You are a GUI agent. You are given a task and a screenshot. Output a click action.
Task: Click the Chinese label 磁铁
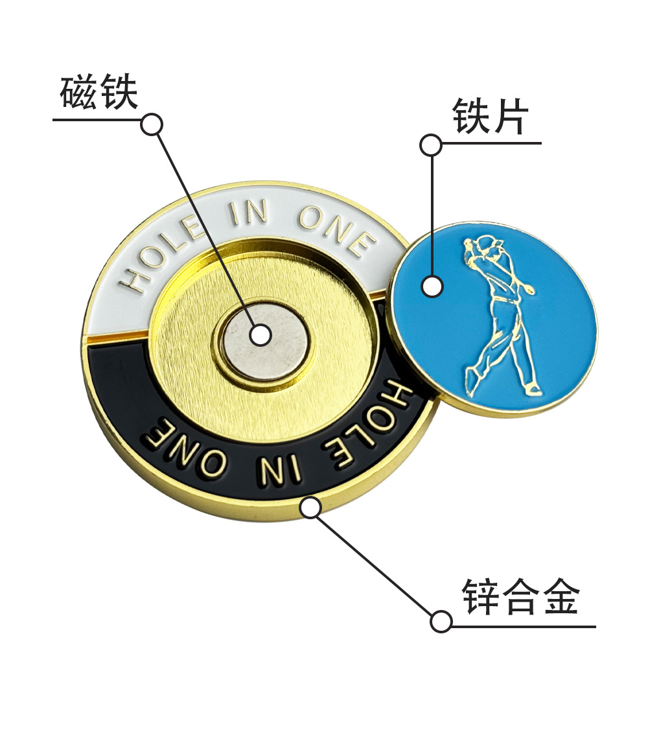pyautogui.click(x=98, y=93)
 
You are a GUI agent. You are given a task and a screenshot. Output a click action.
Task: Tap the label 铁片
pyautogui.click(x=491, y=117)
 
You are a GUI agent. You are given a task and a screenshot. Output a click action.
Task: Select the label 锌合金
pyautogui.click(x=520, y=597)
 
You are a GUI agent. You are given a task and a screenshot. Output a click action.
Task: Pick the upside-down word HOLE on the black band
pyautogui.click(x=376, y=425)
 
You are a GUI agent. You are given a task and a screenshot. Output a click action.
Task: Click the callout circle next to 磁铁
pyautogui.click(x=152, y=124)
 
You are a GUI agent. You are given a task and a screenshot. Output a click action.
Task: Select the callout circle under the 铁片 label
pyautogui.click(x=431, y=145)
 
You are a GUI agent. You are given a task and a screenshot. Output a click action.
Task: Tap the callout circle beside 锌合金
pyautogui.click(x=441, y=621)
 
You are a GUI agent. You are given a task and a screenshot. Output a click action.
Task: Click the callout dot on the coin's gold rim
pyautogui.click(x=311, y=507)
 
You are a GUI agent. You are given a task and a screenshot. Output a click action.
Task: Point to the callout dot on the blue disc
pyautogui.click(x=432, y=286)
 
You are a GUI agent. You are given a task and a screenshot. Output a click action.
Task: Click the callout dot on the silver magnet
pyautogui.click(x=260, y=334)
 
